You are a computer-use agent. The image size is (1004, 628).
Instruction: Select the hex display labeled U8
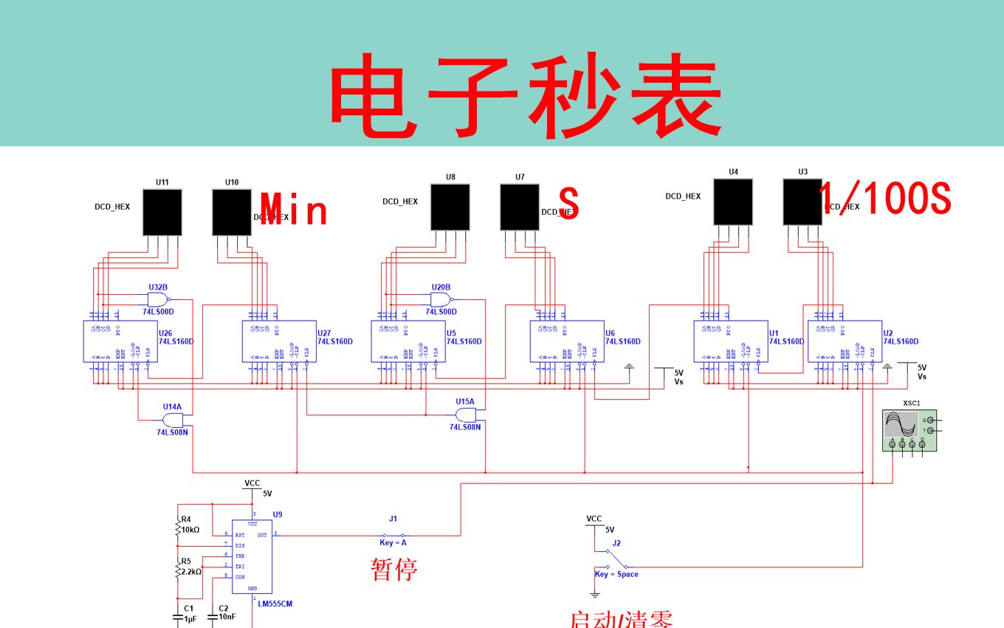[x=450, y=208]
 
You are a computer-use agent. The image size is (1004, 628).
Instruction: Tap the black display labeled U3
[x=802, y=202]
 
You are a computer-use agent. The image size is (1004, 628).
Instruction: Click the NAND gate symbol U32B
[x=157, y=299]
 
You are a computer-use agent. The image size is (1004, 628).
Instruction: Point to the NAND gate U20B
[x=440, y=299]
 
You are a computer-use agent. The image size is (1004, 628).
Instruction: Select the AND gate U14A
[x=173, y=420]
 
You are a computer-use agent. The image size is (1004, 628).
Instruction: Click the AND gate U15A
[x=467, y=415]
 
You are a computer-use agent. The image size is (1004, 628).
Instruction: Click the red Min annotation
[x=295, y=210]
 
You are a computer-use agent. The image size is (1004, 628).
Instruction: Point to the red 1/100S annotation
[x=886, y=199]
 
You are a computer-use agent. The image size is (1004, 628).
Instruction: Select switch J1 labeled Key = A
[x=393, y=534]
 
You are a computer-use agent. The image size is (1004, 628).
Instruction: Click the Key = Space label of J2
[x=616, y=574]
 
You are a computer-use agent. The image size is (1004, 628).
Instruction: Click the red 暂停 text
[x=393, y=570]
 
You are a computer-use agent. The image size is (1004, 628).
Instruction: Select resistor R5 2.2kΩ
[x=178, y=570]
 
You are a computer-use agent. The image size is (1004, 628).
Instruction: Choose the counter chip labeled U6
[x=565, y=341]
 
